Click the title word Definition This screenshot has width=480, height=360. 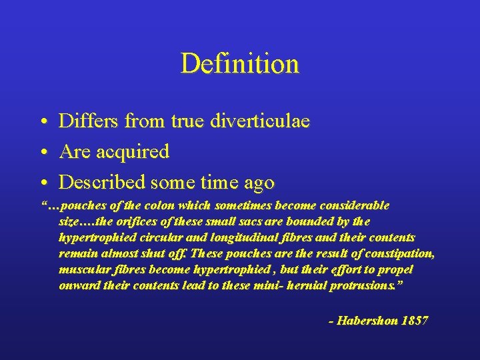pyautogui.click(x=240, y=64)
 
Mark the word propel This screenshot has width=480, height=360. pyautogui.click(x=397, y=269)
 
